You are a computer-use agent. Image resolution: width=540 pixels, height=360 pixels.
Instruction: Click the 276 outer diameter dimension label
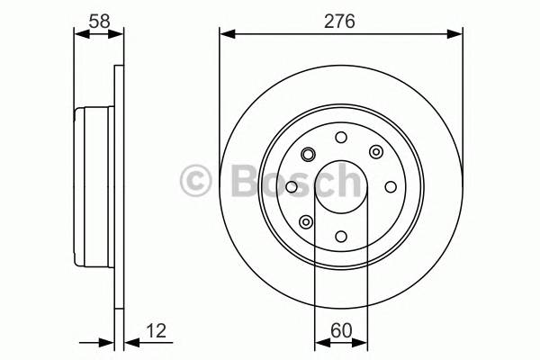tap(341, 20)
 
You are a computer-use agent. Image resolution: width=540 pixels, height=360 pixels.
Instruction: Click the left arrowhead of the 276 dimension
tap(226, 34)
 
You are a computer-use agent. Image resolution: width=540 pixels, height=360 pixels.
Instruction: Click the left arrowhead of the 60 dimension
tap(319, 342)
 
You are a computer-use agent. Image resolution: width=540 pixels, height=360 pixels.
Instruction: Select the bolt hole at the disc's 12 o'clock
tap(340, 138)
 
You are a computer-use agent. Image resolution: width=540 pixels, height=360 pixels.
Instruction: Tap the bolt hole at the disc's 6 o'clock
tap(340, 236)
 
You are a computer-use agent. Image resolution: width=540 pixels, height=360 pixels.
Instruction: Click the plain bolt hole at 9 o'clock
tap(292, 187)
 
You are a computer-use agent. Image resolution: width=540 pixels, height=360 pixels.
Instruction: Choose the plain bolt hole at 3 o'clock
tap(390, 187)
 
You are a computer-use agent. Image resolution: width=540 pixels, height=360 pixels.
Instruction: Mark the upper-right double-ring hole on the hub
tap(375, 152)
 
